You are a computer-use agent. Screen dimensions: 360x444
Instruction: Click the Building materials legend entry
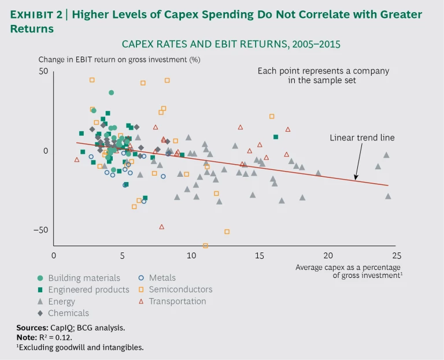point(84,278)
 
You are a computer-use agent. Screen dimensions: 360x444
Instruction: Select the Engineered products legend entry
point(88,290)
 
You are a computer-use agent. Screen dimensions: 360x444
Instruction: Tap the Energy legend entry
point(61,302)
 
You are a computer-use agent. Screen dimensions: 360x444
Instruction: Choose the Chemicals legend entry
point(68,313)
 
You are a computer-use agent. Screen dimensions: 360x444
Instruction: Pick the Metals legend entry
point(162,278)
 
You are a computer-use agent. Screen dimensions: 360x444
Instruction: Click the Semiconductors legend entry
point(180,290)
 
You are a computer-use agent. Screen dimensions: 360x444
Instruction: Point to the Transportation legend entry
point(177,301)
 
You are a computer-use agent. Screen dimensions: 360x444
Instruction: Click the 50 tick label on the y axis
point(43,72)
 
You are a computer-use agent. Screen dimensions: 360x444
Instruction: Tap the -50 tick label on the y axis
point(41,231)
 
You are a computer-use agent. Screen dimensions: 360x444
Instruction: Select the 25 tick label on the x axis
point(396,255)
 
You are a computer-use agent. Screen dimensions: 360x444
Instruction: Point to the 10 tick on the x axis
point(191,255)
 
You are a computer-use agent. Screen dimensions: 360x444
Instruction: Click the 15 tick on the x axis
point(260,255)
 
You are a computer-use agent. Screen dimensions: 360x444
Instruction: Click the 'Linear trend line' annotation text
point(362,138)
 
